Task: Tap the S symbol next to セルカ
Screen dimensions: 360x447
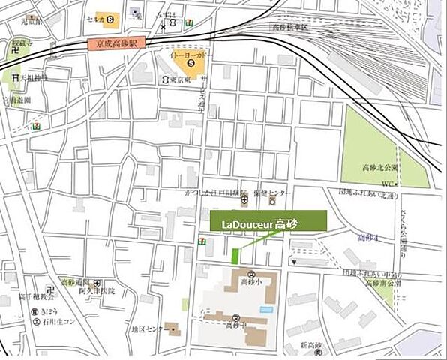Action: (111, 16)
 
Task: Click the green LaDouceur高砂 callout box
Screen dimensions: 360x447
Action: (268, 223)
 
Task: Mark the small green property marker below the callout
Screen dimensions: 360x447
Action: (236, 256)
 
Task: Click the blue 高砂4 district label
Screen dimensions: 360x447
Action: (367, 238)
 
